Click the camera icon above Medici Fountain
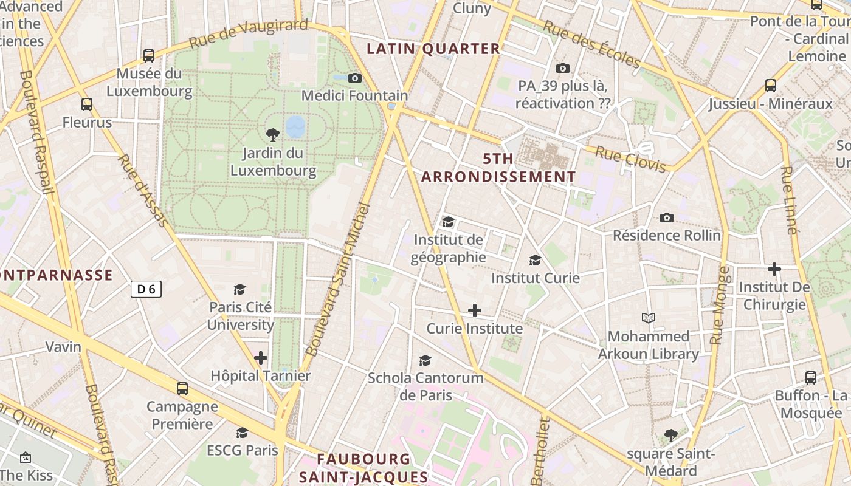(x=355, y=78)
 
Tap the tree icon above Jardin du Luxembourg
(x=273, y=134)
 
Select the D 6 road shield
(x=146, y=289)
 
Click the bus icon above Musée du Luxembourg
(x=149, y=56)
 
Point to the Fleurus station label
(x=87, y=122)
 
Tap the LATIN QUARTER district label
(x=433, y=49)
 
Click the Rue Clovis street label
(x=630, y=159)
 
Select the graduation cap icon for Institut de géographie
(x=448, y=222)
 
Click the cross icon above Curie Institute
(x=475, y=310)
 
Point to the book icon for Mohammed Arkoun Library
(x=649, y=318)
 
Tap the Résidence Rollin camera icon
(x=667, y=217)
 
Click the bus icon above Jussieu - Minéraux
(x=771, y=86)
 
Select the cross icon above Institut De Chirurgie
(x=774, y=269)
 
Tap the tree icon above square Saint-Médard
(x=671, y=435)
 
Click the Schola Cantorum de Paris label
(x=425, y=386)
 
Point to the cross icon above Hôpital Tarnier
(x=261, y=358)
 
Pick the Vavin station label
(x=63, y=347)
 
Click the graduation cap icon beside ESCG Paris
(x=242, y=433)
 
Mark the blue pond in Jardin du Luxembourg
(x=295, y=126)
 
